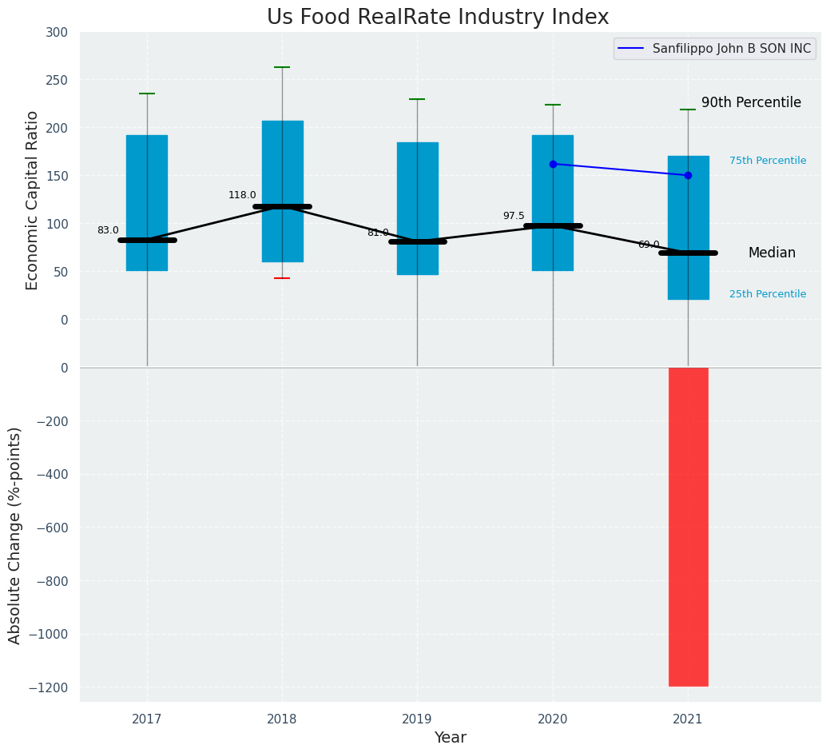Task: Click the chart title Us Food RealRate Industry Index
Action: pos(438,18)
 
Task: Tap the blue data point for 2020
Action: pos(553,164)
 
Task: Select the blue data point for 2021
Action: pos(688,175)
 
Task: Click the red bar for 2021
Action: pos(688,527)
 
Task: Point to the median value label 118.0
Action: pos(242,195)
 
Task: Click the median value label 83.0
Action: pos(108,230)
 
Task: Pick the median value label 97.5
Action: pos(514,216)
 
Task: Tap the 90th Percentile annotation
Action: pos(751,102)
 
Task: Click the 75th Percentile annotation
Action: pos(768,161)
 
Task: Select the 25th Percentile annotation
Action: pos(768,294)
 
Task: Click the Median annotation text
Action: pos(772,253)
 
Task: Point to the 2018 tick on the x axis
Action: pos(282,719)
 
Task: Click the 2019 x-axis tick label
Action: pos(417,719)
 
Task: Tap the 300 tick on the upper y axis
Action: pos(62,33)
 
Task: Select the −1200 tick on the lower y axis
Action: pos(49,687)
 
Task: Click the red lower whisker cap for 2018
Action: pos(282,278)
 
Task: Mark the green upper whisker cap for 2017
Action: pos(147,94)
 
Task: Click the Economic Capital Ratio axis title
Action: pos(32,200)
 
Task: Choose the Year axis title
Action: pos(451,738)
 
